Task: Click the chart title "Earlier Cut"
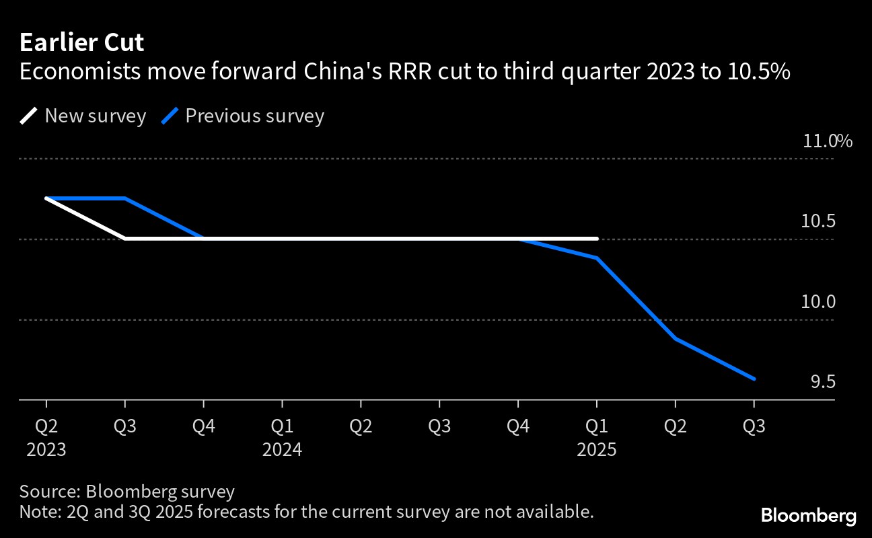point(81,43)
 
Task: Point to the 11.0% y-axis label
point(827,141)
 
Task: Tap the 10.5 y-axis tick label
point(818,221)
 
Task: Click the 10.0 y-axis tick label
point(818,302)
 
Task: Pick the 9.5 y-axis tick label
point(822,382)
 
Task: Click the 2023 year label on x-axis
point(46,449)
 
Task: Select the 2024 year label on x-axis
point(282,449)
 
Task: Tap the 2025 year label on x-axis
point(597,449)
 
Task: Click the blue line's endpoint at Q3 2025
point(754,379)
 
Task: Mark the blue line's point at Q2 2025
point(676,339)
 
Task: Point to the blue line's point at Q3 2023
point(125,198)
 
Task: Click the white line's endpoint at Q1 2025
point(597,238)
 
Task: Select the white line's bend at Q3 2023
point(125,238)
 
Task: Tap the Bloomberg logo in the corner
point(809,516)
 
